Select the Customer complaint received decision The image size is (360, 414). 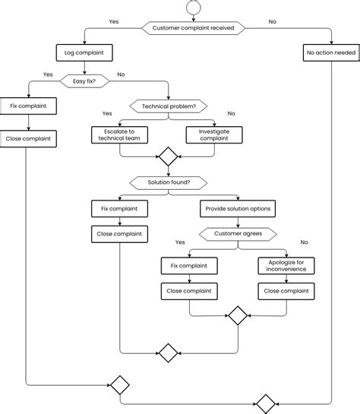pos(194,28)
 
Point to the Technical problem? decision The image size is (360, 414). pos(169,106)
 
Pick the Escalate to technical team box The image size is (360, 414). pos(119,135)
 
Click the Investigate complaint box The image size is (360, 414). pos(215,135)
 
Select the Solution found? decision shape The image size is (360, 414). pos(167,183)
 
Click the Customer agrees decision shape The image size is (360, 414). pos(238,233)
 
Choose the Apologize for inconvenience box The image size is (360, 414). pos(286,265)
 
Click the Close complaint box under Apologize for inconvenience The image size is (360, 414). pos(286,290)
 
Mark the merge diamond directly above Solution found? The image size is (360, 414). pos(167,158)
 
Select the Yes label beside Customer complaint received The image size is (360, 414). pos(115,22)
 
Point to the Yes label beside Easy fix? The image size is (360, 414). pos(48,74)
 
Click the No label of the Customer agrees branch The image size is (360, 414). pos(305,242)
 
